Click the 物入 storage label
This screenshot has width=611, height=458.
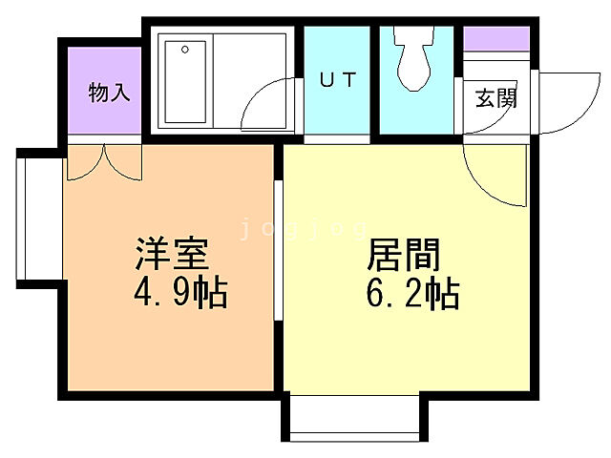pos(109,93)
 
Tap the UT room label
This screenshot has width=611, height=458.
pos(337,81)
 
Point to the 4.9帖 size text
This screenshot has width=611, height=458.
pos(180,293)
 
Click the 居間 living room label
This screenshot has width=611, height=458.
pos(404,257)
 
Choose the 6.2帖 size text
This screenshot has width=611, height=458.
pos(412,293)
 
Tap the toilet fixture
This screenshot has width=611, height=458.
pos(415,59)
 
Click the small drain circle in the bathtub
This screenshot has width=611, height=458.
pos(185,48)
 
